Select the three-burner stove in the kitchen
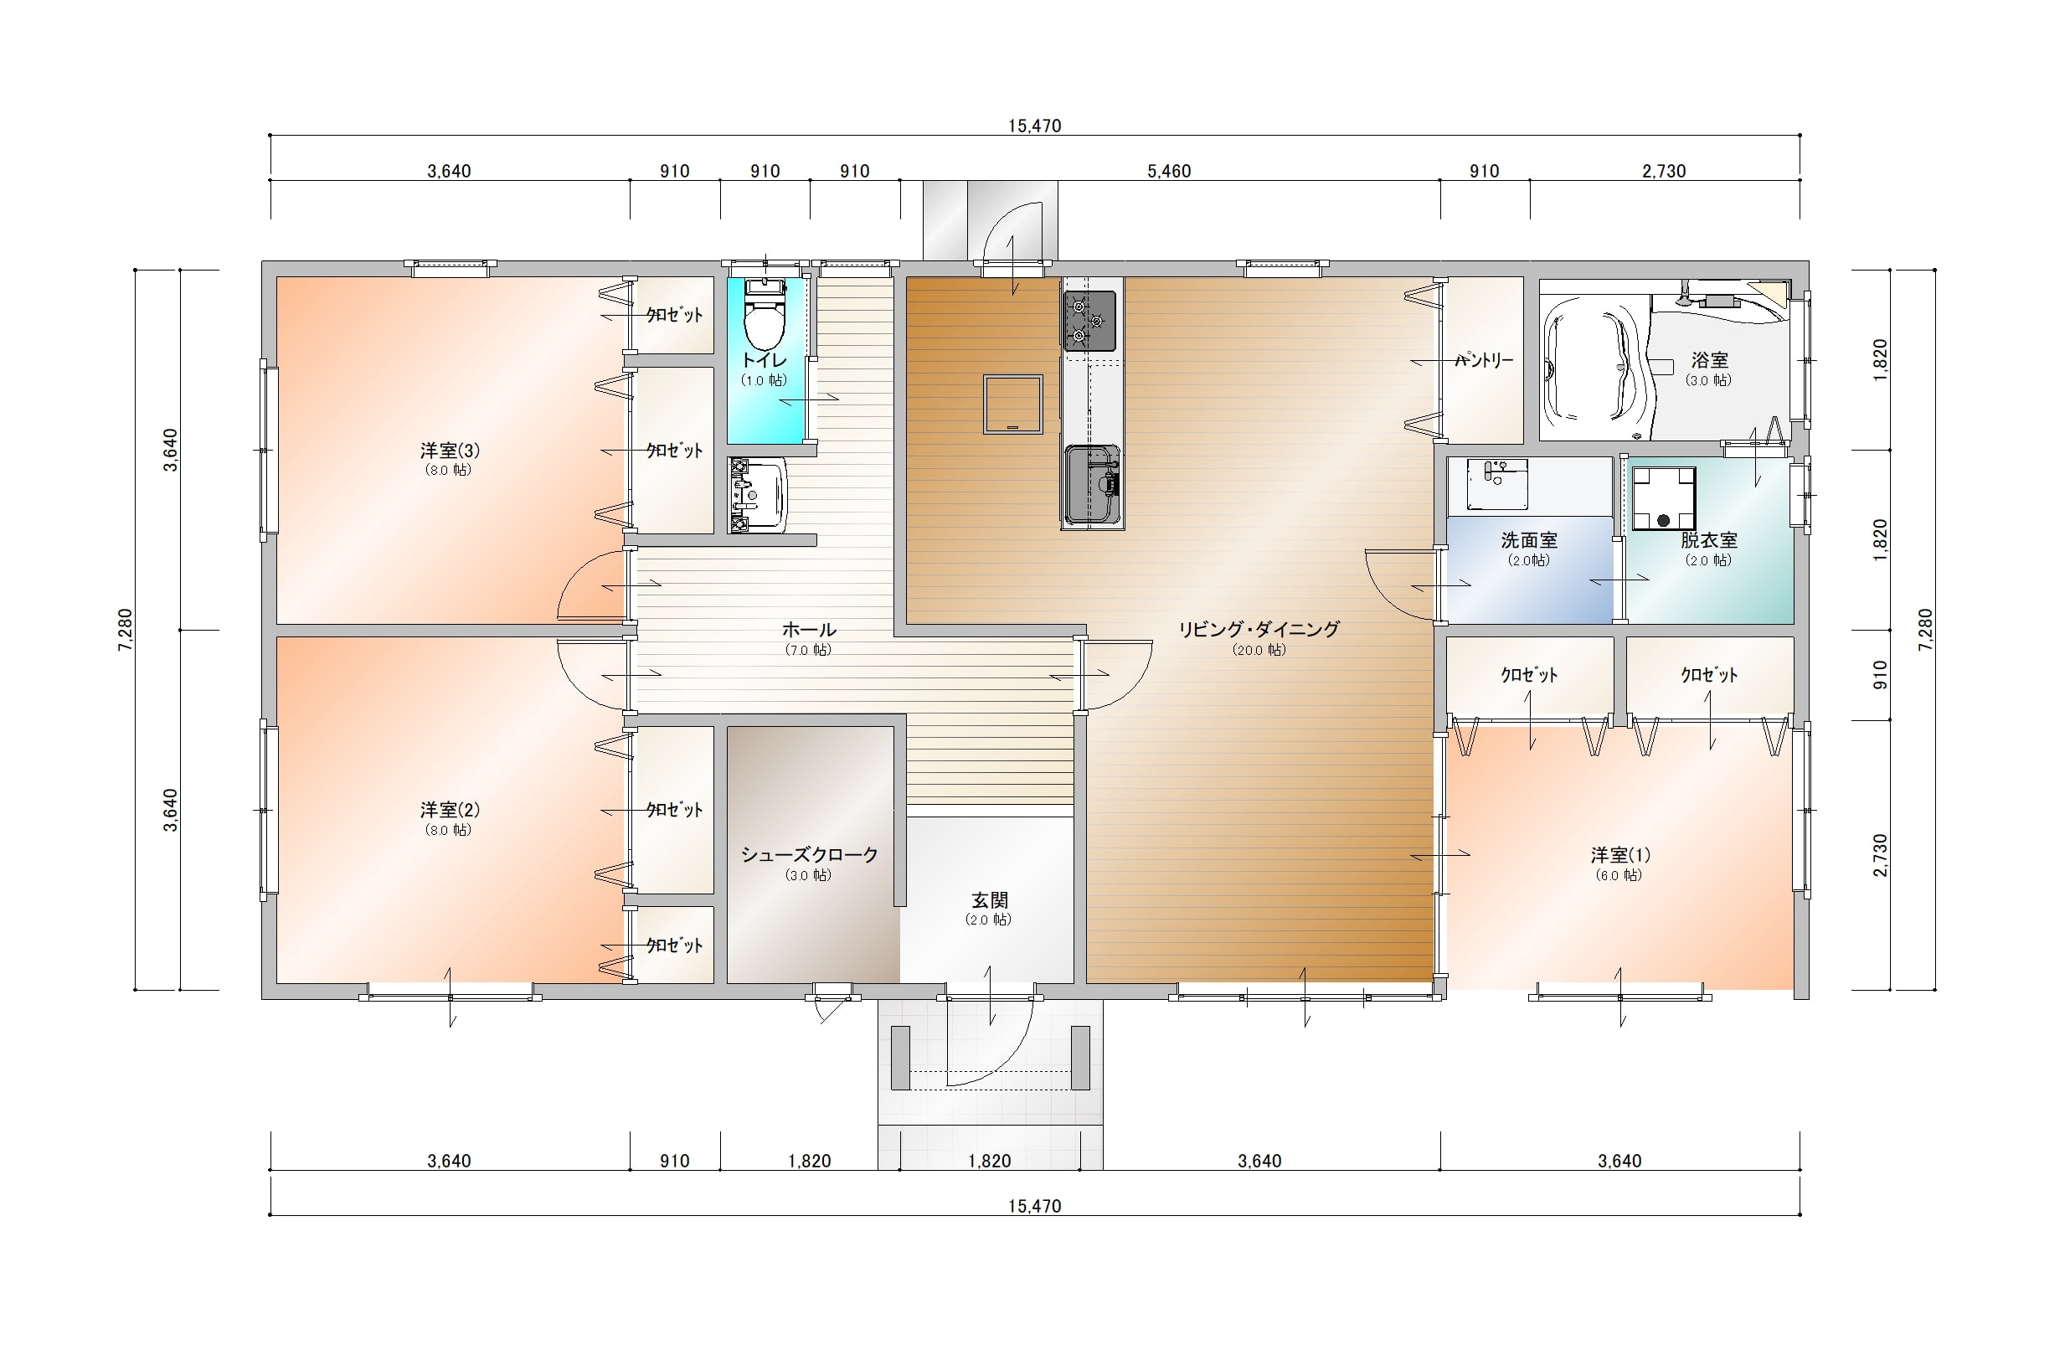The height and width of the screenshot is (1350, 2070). [x=1089, y=321]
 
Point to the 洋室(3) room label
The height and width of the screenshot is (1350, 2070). [x=450, y=451]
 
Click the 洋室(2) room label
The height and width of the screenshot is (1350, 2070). [x=450, y=810]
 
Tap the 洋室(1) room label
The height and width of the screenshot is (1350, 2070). [x=1620, y=855]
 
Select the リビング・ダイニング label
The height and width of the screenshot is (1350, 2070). [x=1259, y=629]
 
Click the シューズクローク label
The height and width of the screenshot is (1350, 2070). [x=809, y=854]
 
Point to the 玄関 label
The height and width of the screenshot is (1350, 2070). [x=990, y=900]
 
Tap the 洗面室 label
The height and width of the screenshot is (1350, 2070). [x=1529, y=539]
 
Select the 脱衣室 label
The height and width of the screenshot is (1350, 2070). [x=1709, y=539]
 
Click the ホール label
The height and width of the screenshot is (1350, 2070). [x=809, y=629]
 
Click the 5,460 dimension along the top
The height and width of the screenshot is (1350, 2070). [x=1169, y=172]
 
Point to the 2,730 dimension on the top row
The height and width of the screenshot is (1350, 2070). [x=1664, y=172]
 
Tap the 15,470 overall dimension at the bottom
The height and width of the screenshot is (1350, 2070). [x=1035, y=1207]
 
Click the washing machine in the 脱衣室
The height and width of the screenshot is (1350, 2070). [x=1663, y=498]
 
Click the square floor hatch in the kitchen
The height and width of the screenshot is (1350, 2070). [x=1013, y=404]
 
